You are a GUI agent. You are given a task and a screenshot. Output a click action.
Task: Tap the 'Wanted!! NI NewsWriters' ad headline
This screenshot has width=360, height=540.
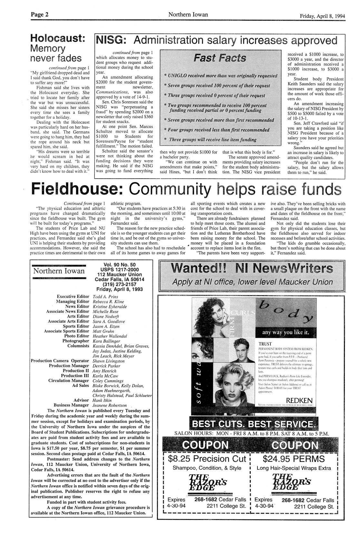252,268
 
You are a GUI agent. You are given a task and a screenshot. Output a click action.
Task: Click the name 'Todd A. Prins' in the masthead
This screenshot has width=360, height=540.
105,297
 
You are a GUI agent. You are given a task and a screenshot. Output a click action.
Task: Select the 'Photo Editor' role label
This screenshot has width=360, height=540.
76,336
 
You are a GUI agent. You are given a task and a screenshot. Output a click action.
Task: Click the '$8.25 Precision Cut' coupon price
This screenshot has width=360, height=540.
207,458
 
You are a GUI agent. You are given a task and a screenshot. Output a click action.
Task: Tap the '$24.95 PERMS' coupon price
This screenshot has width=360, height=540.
294,458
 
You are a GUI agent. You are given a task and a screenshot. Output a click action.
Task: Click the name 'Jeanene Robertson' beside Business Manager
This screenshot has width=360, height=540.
110,405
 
